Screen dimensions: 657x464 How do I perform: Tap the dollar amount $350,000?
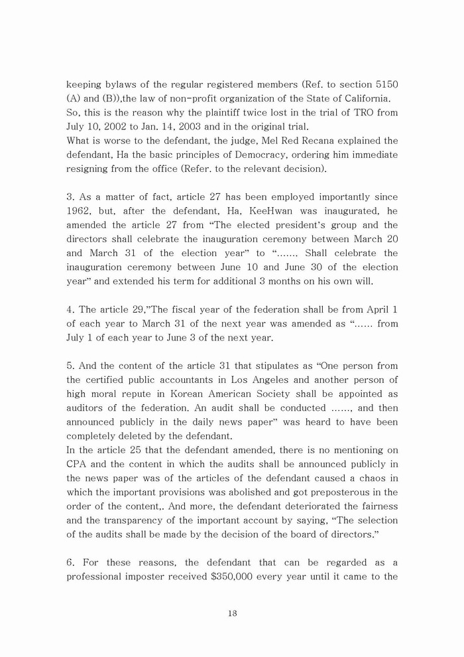click(x=234, y=577)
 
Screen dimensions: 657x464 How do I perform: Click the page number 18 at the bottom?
click(x=232, y=614)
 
